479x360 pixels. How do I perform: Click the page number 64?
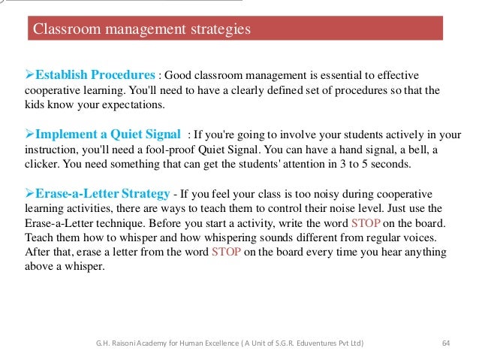[446, 343]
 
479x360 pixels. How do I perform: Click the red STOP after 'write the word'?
[366, 223]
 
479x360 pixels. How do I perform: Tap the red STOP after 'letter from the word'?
[227, 253]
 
